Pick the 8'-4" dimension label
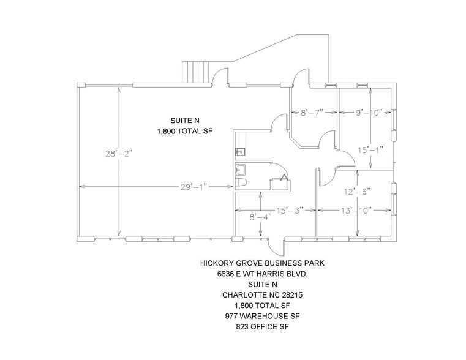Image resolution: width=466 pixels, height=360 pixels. tap(251, 217)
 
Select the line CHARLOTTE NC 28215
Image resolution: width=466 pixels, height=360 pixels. tap(262, 295)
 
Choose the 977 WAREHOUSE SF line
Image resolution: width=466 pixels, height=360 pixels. tap(262, 317)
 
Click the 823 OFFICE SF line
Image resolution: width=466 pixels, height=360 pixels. tap(262, 328)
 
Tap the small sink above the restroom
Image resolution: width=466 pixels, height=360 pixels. tap(240, 151)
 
